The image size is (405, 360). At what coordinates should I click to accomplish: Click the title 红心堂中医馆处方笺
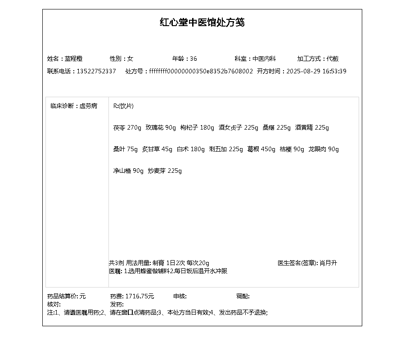(x=202, y=22)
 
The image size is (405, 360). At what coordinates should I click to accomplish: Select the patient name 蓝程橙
(x=73, y=58)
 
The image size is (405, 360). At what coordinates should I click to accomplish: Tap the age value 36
(x=193, y=58)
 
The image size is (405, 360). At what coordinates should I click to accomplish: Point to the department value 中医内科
(x=264, y=58)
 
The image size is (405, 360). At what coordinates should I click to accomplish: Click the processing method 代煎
(x=333, y=58)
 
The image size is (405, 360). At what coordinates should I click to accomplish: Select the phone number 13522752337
(x=96, y=71)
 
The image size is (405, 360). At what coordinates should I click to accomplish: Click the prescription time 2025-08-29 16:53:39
(x=316, y=71)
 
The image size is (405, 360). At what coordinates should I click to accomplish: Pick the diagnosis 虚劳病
(x=89, y=106)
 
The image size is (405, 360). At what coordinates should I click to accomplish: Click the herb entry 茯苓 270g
(x=127, y=128)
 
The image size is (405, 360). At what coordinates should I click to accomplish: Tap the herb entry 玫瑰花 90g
(x=161, y=128)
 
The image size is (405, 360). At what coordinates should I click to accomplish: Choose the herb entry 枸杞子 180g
(x=197, y=128)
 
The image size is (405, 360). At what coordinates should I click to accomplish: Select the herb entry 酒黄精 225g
(x=312, y=128)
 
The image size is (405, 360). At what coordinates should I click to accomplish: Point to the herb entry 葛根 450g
(x=261, y=149)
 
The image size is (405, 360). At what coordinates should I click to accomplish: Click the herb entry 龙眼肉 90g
(x=324, y=149)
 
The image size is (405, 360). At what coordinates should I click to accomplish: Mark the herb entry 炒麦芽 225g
(x=165, y=171)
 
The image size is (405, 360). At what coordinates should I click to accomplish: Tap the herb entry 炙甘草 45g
(x=157, y=149)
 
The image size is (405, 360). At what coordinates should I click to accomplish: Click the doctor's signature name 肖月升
(x=328, y=263)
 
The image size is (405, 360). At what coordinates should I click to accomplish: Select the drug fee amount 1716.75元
(x=139, y=296)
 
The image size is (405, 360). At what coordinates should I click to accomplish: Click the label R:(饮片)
(x=123, y=106)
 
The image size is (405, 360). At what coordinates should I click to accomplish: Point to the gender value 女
(x=130, y=58)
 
